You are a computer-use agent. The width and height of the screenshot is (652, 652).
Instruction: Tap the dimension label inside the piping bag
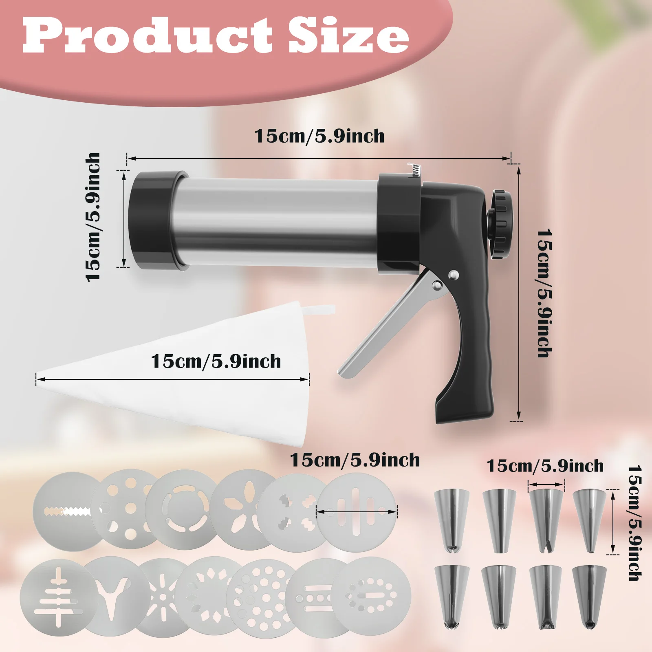tap(216, 361)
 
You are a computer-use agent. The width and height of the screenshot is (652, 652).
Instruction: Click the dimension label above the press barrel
tap(319, 136)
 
